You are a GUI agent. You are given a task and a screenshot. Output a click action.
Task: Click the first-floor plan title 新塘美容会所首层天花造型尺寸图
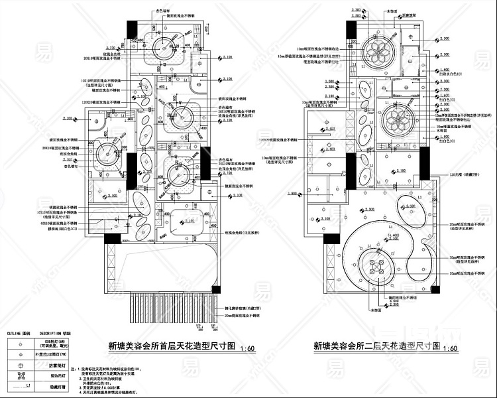pyautogui.click(x=171, y=346)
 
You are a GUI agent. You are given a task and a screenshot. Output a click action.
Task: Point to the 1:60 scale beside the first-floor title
pyautogui.click(x=247, y=348)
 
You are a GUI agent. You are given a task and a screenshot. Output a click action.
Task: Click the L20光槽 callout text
pyautogui.click(x=457, y=173)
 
